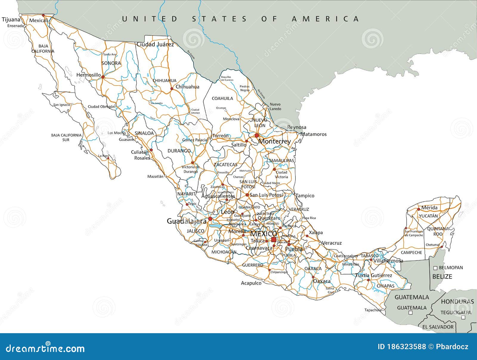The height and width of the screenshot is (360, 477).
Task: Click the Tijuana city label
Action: (11, 20)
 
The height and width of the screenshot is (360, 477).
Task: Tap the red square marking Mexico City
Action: (274, 240)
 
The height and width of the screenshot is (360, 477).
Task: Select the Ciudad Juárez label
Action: (155, 44)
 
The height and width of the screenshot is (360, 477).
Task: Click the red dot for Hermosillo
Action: (103, 77)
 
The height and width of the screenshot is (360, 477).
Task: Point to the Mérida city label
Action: (429, 208)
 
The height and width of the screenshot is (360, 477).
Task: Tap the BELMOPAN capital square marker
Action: (435, 268)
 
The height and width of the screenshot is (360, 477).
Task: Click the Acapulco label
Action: (251, 283)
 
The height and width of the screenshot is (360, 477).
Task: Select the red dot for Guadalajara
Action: (210, 219)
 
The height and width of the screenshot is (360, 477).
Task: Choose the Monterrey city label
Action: (274, 142)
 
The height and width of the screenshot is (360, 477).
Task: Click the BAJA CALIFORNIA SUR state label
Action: (66, 137)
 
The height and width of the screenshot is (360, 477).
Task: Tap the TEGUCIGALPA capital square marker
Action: (463, 318)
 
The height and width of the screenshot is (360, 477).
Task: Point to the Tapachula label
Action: (373, 310)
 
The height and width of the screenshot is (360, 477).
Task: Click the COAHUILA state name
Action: (222, 98)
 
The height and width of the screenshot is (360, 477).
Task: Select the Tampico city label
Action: (305, 196)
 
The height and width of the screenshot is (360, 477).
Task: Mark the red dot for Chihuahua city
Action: (172, 89)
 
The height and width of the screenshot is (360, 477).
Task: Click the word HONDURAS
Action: (457, 302)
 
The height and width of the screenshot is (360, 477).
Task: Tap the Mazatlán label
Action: (155, 176)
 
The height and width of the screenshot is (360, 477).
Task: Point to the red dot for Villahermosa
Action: (371, 260)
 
